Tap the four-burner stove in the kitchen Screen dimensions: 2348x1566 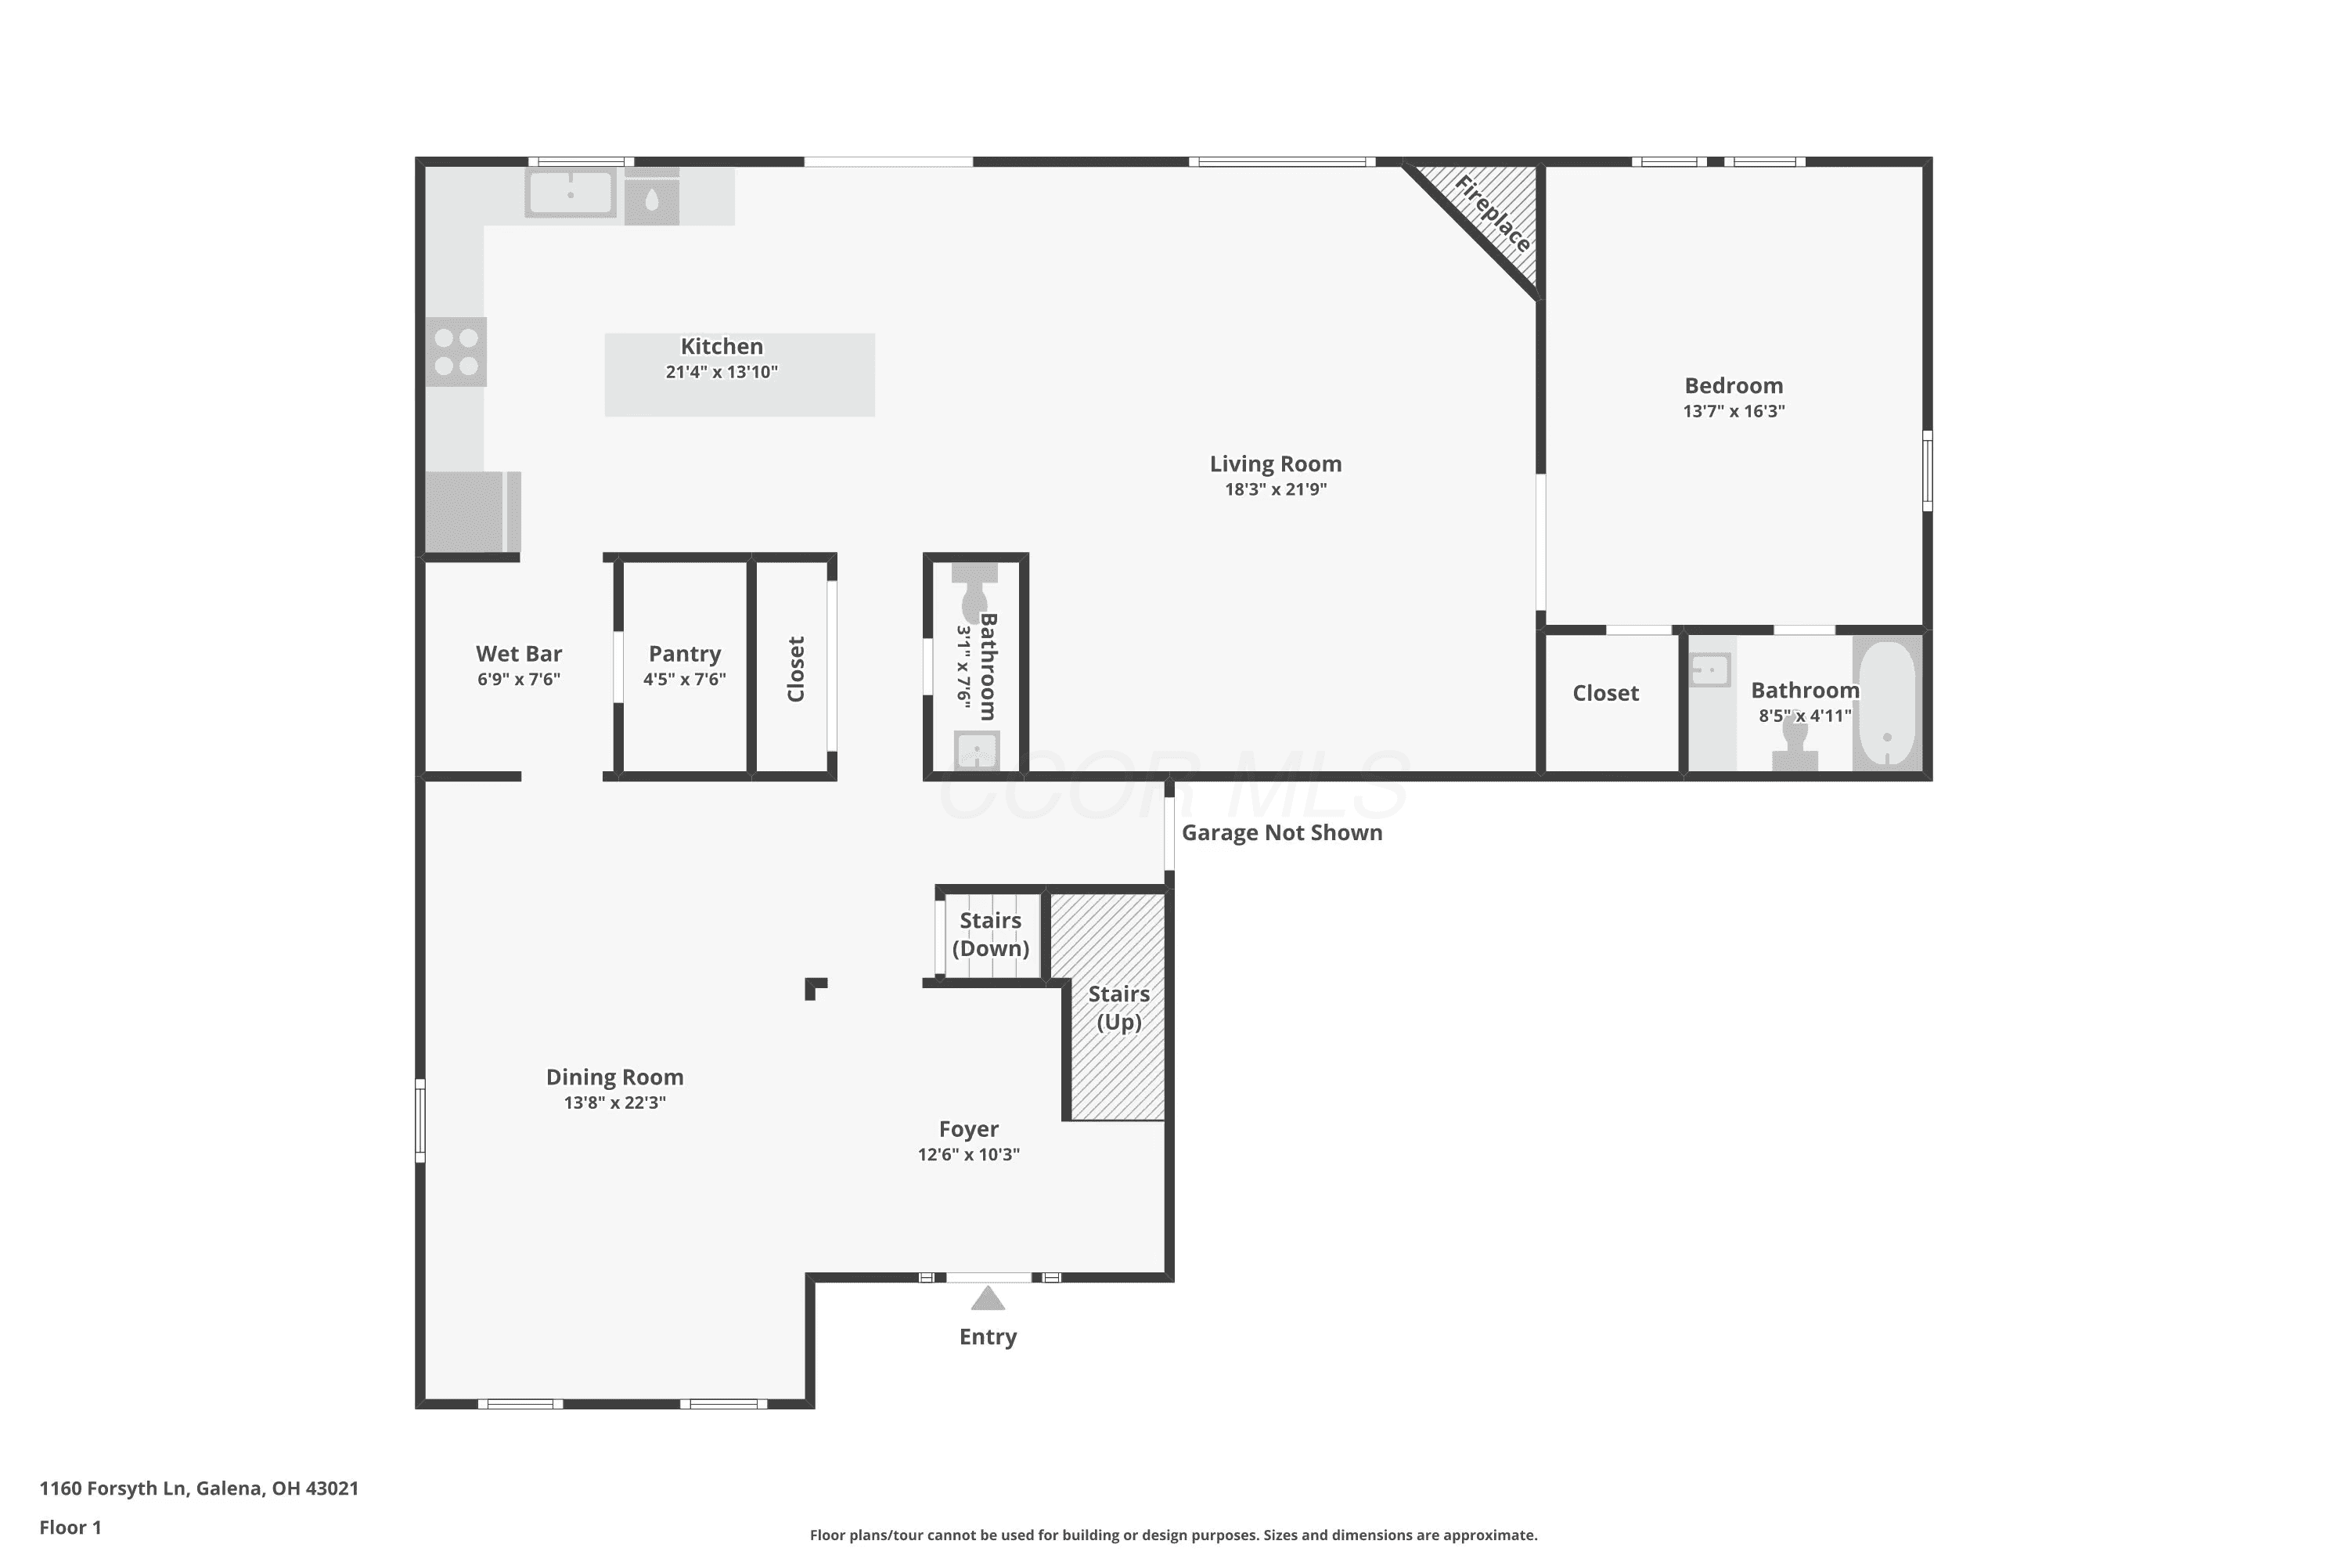[x=456, y=352]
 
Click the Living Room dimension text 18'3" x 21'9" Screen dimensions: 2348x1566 [x=1276, y=489]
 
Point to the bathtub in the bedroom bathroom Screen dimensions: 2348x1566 [x=1887, y=704]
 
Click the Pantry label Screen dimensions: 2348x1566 [x=685, y=654]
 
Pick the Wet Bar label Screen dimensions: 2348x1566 [x=519, y=654]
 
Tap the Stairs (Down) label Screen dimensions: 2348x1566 [x=990, y=934]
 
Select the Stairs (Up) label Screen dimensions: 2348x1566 [x=1119, y=1008]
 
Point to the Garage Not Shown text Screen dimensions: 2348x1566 [x=1282, y=833]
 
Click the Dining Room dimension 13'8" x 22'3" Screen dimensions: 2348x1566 [x=615, y=1102]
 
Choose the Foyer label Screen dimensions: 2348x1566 [x=968, y=1130]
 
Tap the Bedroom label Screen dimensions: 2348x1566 [x=1734, y=385]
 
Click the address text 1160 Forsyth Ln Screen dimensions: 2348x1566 [x=112, y=1488]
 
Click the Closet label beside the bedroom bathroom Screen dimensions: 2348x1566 [x=1605, y=693]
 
